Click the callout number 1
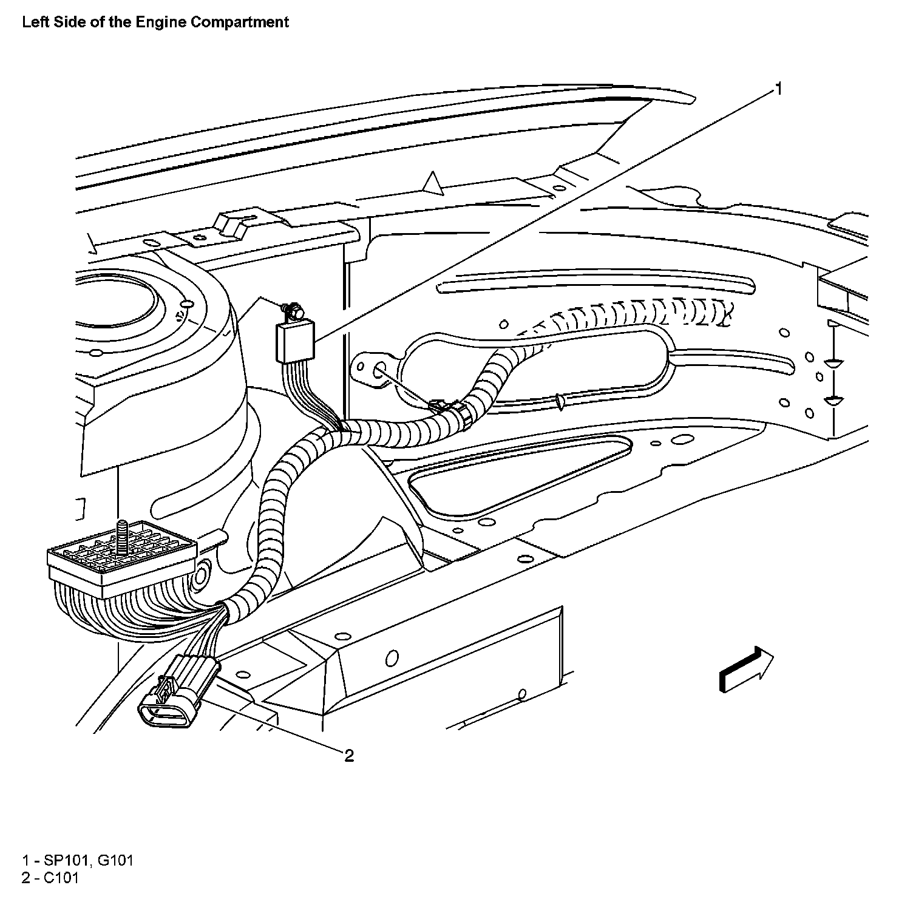tap(778, 89)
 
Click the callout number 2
tap(349, 756)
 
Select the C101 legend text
tap(61, 878)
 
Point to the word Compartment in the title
tap(239, 22)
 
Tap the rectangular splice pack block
tap(296, 341)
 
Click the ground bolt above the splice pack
tap(293, 310)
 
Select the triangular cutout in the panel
tap(516, 473)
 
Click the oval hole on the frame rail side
tap(392, 657)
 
